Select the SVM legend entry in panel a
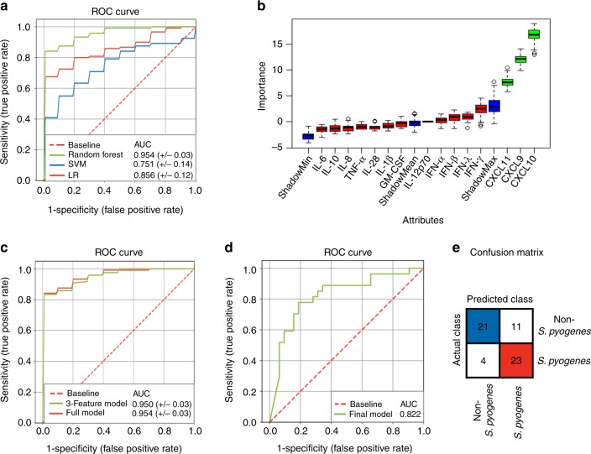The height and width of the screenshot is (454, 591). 80,165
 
